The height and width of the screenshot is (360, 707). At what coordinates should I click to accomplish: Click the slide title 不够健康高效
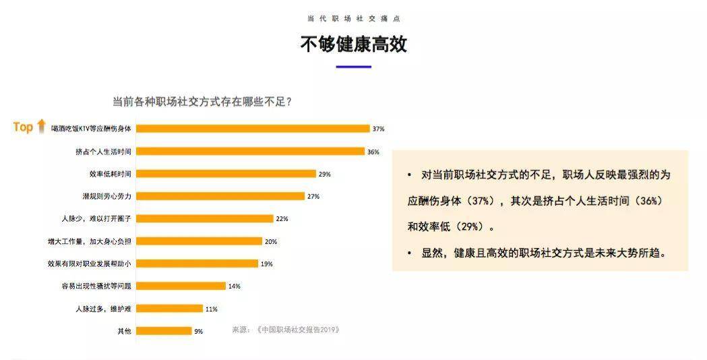pyautogui.click(x=353, y=44)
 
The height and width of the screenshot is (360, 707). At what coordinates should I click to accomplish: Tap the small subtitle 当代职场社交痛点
pyautogui.click(x=353, y=19)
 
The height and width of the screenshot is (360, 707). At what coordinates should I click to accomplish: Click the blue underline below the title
pyautogui.click(x=353, y=67)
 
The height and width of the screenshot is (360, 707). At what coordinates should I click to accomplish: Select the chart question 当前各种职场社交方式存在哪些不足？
pyautogui.click(x=202, y=102)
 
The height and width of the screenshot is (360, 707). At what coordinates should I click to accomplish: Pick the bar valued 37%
pyautogui.click(x=253, y=128)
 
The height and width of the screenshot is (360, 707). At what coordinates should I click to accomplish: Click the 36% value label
pyautogui.click(x=373, y=151)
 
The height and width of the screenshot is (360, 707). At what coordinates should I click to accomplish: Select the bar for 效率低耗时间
pyautogui.click(x=226, y=173)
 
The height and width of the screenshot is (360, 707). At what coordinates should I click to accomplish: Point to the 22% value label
pyautogui.click(x=282, y=218)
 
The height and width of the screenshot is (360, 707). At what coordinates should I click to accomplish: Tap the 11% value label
pyautogui.click(x=211, y=309)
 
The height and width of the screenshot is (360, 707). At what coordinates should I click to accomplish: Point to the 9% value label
pyautogui.click(x=199, y=331)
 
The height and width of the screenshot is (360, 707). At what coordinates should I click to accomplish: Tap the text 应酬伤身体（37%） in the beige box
pyautogui.click(x=452, y=201)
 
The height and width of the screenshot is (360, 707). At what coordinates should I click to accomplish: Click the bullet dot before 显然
pyautogui.click(x=409, y=253)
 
